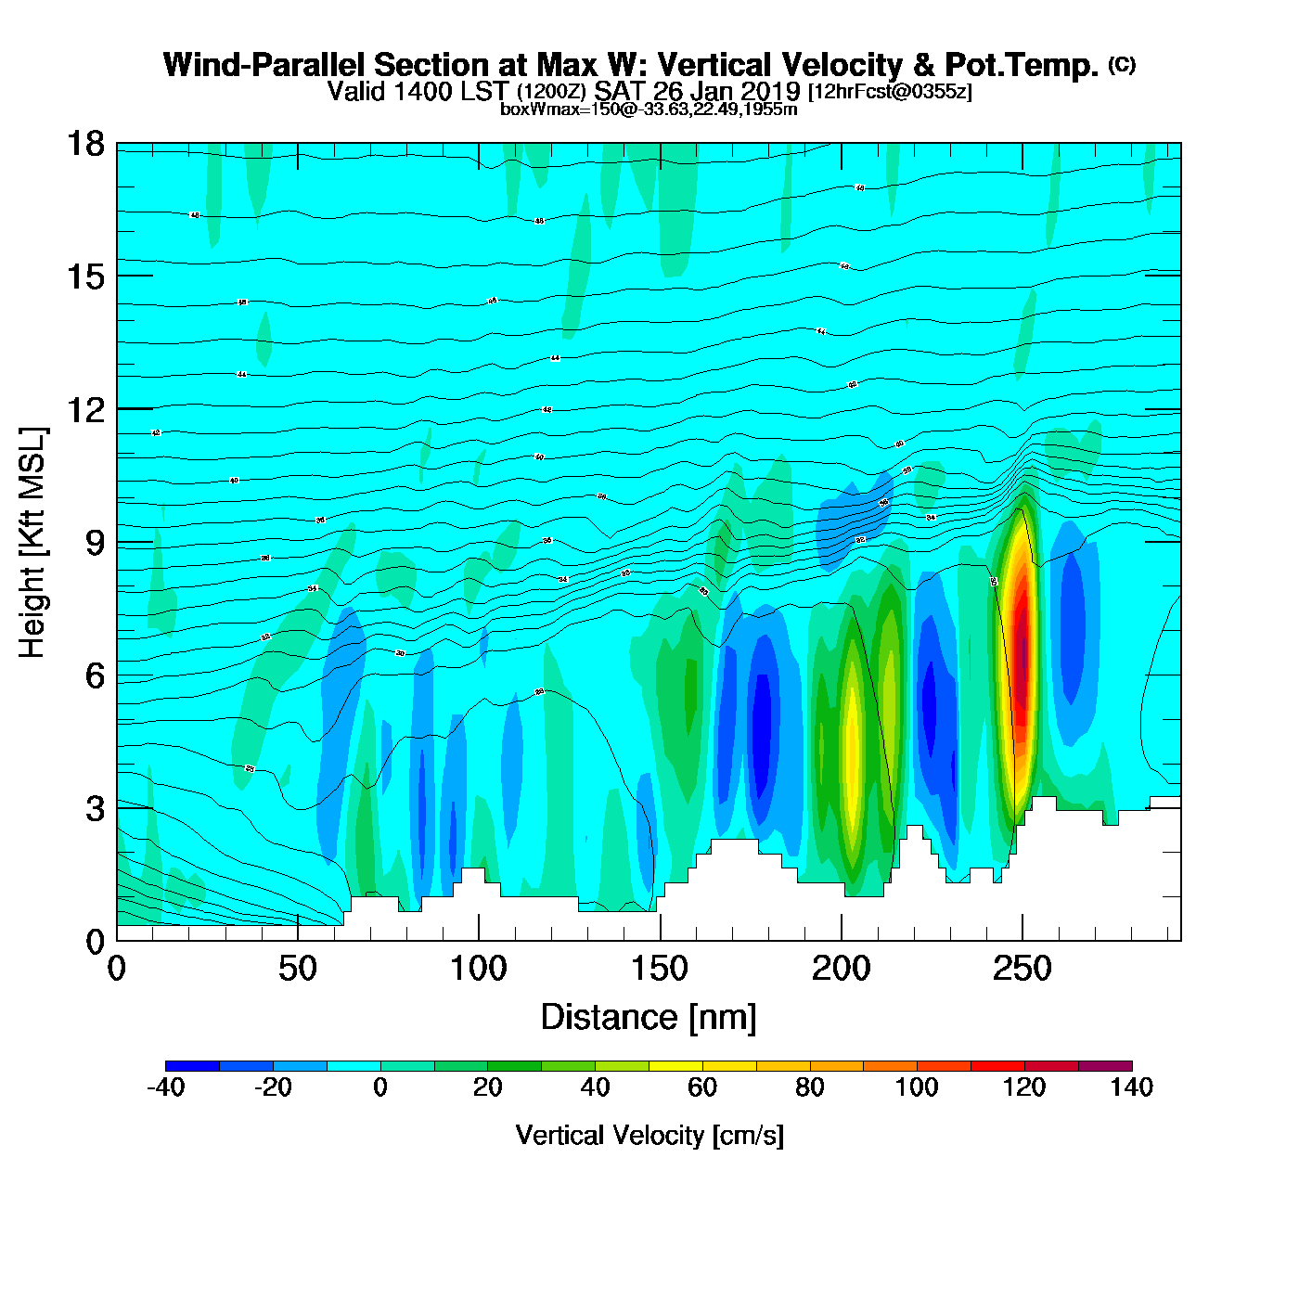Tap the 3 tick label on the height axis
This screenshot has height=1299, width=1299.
[x=95, y=809]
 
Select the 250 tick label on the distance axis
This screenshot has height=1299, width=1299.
[x=1022, y=970]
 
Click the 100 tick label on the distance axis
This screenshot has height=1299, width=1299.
[x=479, y=970]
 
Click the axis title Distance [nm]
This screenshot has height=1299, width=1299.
[x=649, y=1017]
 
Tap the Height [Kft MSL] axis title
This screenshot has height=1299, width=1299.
[x=32, y=543]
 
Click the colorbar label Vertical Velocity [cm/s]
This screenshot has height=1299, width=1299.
[x=649, y=1135]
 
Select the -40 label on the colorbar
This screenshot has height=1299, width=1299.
[x=166, y=1087]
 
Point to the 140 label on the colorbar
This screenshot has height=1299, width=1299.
[x=1132, y=1087]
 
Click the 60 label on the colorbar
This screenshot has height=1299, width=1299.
[x=702, y=1087]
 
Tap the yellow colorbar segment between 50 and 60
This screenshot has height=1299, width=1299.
[x=675, y=1065]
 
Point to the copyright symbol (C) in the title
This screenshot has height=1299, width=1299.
[x=1122, y=64]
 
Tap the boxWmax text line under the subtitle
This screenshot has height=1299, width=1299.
[x=649, y=109]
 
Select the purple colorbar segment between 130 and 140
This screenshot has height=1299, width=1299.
[x=1105, y=1065]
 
